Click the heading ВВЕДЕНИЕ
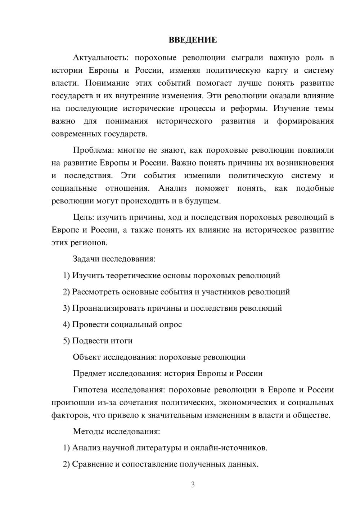193,40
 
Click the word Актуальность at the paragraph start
99,58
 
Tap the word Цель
84,217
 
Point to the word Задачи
86,259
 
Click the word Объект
87,357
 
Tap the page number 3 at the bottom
193,485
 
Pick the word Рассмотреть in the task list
96,292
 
